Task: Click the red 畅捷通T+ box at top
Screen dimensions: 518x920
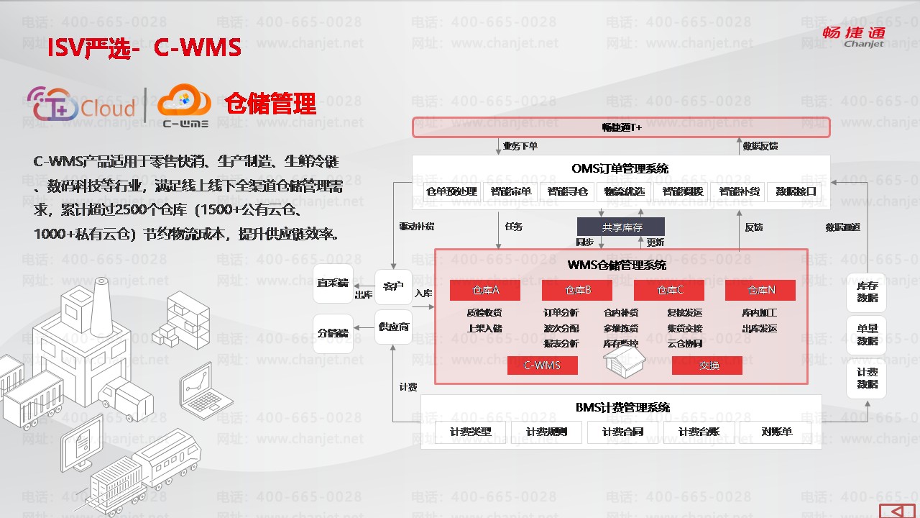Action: pyautogui.click(x=621, y=127)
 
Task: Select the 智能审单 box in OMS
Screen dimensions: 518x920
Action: pyautogui.click(x=510, y=191)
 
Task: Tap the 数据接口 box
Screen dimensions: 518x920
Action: pyautogui.click(x=796, y=191)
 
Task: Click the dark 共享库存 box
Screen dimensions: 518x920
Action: pyautogui.click(x=622, y=227)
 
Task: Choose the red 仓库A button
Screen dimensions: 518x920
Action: pyautogui.click(x=485, y=290)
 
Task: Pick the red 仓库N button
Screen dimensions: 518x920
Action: pyautogui.click(x=760, y=290)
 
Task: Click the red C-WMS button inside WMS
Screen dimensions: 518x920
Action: pyautogui.click(x=543, y=365)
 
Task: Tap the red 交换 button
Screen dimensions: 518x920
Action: pyautogui.click(x=708, y=365)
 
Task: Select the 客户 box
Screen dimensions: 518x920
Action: pyautogui.click(x=393, y=286)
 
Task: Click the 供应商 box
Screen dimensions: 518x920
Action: pyautogui.click(x=393, y=327)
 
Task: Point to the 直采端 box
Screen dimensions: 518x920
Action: pyautogui.click(x=333, y=283)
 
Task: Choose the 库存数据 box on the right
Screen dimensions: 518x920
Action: pyautogui.click(x=866, y=292)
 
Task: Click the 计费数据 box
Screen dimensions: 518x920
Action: pyautogui.click(x=866, y=378)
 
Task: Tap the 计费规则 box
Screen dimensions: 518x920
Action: pyautogui.click(x=546, y=432)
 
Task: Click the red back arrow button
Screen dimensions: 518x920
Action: pyautogui.click(x=898, y=510)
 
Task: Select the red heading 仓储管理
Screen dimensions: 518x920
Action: pyautogui.click(x=270, y=104)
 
